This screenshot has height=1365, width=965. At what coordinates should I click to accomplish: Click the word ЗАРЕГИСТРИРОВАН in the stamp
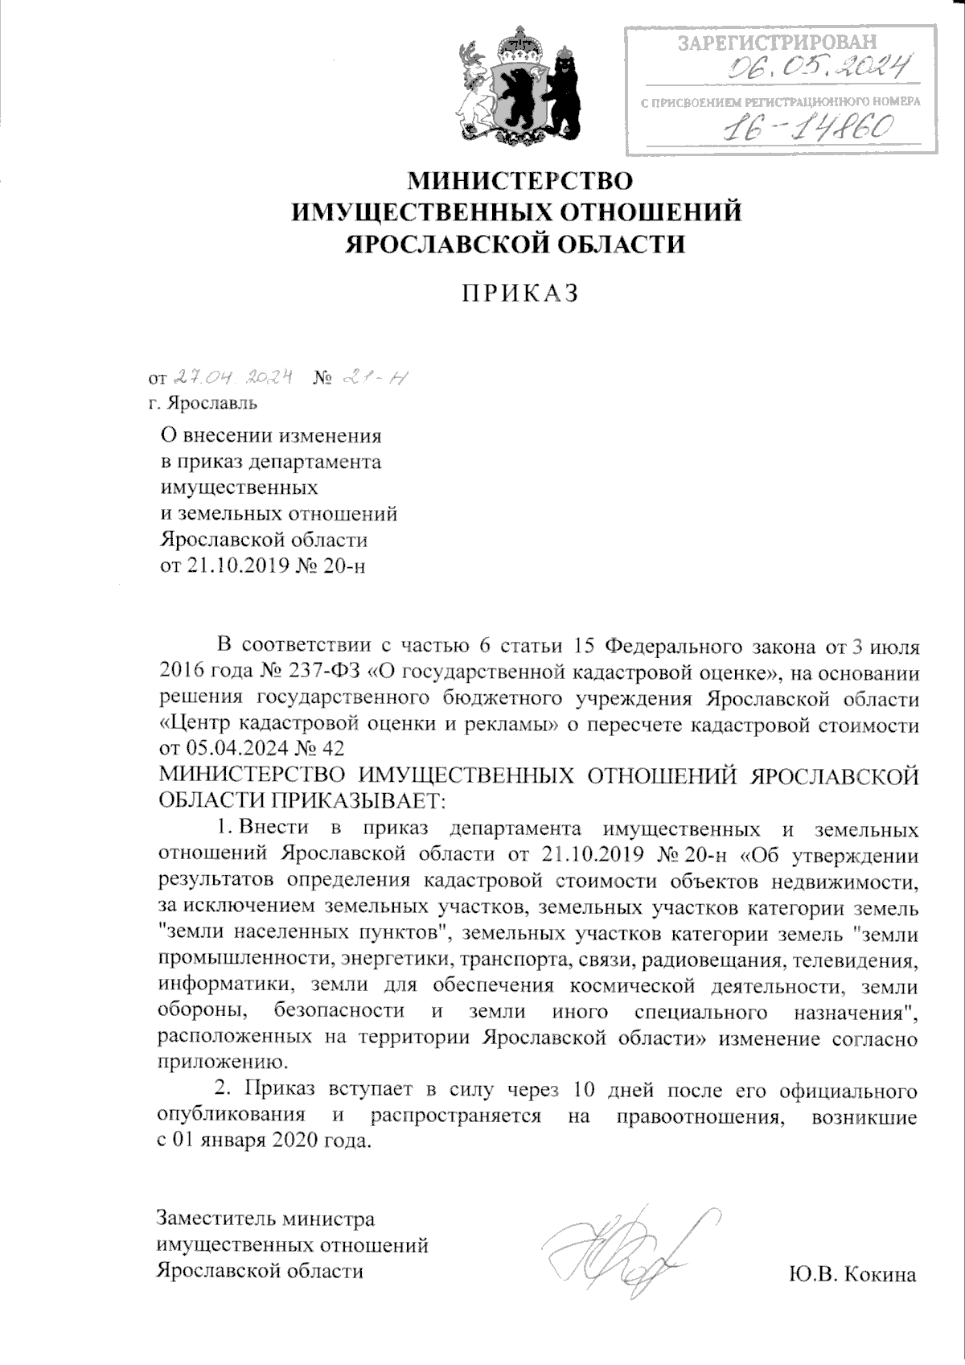(x=778, y=42)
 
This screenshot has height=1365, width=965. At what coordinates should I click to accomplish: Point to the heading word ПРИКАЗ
(x=519, y=294)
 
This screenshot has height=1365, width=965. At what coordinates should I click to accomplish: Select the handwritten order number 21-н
(x=372, y=376)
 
